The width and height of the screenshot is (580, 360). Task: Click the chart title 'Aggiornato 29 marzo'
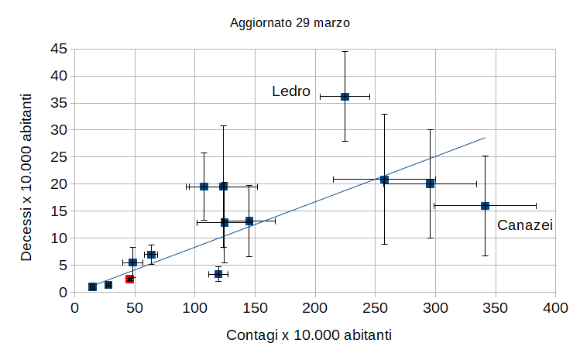pyautogui.click(x=290, y=23)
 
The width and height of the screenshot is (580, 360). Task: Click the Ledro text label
pyautogui.click(x=291, y=92)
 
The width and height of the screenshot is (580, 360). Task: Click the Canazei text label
pyautogui.click(x=524, y=225)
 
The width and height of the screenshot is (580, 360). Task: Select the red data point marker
pyautogui.click(x=130, y=279)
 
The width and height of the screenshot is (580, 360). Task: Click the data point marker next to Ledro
pyautogui.click(x=345, y=97)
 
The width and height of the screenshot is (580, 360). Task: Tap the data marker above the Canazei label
pyautogui.click(x=486, y=206)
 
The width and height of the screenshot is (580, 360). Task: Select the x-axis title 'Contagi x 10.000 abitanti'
pyautogui.click(x=309, y=336)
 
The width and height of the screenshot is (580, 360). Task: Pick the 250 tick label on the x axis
pyautogui.click(x=375, y=307)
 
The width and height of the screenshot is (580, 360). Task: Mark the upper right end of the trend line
pyautogui.click(x=485, y=138)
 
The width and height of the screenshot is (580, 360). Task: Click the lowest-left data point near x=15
pyautogui.click(x=93, y=287)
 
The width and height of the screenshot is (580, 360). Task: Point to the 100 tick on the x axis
pyautogui.click(x=194, y=307)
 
